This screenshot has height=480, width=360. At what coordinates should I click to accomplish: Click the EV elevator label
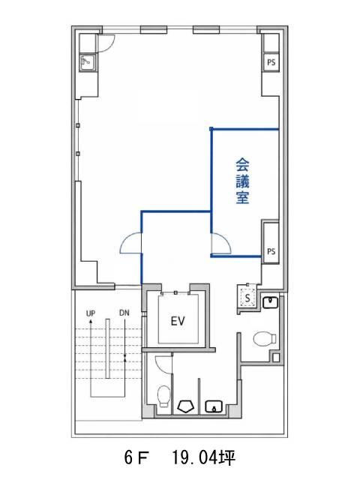coord(178,321)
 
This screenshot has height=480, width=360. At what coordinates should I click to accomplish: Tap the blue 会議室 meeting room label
coord(242,181)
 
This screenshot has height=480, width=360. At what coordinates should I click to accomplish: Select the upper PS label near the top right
coord(271,62)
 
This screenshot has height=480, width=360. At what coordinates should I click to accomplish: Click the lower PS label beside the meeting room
coord(271,252)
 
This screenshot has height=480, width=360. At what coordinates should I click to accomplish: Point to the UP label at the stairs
coord(91,313)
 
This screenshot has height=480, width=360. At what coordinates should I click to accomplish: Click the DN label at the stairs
coord(124,313)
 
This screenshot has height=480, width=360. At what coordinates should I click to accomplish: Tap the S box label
coord(247,298)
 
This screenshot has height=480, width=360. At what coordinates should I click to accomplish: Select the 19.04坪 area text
coord(203,458)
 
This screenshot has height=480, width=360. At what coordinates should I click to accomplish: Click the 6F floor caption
coord(136,458)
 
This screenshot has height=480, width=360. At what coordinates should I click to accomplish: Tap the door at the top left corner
coord(106,43)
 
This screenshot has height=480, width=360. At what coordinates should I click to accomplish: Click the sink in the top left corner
coord(88,62)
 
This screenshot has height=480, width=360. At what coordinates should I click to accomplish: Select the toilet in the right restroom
coord(265,339)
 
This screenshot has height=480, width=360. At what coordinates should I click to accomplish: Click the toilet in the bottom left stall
coord(163,397)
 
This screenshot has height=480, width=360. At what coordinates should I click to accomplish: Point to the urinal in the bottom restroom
coord(186,406)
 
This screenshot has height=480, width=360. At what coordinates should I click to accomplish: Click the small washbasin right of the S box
coord(270,302)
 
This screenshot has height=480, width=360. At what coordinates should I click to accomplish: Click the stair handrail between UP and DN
coord(107,349)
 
